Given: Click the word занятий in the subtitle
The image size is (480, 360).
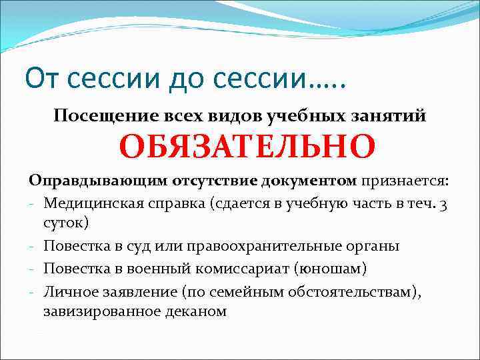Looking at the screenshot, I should pos(393,115).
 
